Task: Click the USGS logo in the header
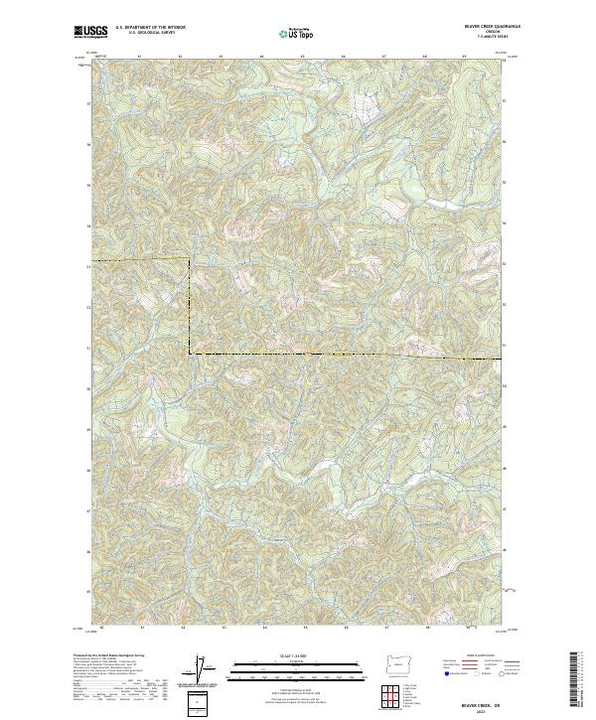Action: [x=91, y=34]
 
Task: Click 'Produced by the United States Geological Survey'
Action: [x=109, y=655]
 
